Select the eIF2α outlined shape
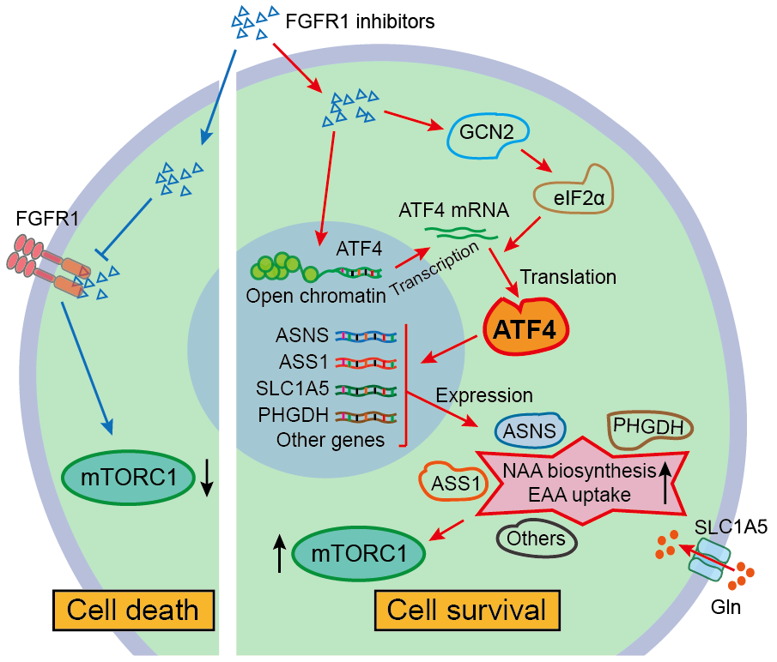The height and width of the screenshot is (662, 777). pos(573,196)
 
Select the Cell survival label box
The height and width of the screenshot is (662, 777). pos(467,611)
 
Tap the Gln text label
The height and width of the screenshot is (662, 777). pos(731,617)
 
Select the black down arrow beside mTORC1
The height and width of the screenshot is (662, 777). pos(207,477)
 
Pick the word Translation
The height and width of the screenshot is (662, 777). pos(568,277)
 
